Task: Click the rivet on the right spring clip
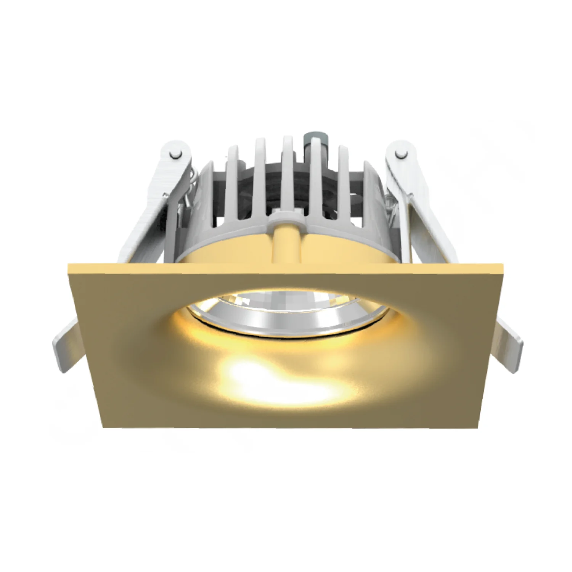point(400,154)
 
